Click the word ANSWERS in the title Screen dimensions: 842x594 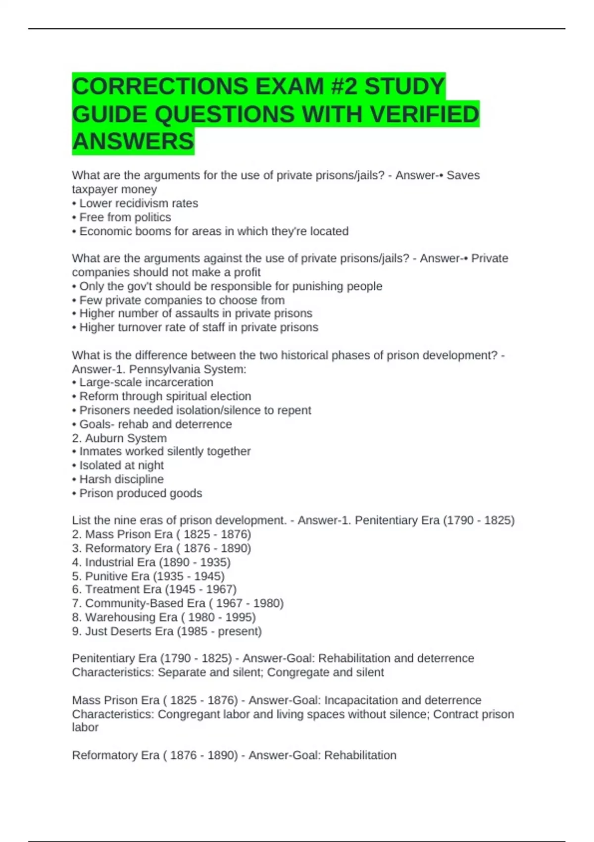pyautogui.click(x=133, y=142)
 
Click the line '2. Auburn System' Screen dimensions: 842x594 pyautogui.click(x=119, y=438)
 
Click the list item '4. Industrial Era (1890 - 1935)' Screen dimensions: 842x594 pyautogui.click(x=151, y=562)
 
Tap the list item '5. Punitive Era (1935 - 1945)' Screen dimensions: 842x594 pyautogui.click(x=148, y=576)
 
